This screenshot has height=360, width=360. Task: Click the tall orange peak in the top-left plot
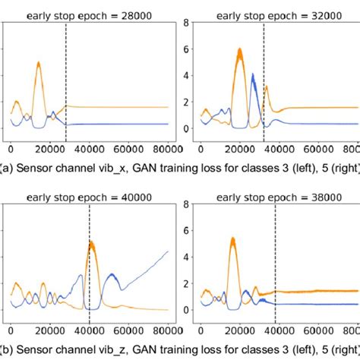click(x=38, y=65)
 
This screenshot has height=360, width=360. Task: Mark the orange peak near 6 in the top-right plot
click(x=239, y=51)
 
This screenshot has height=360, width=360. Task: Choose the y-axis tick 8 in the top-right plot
click(x=184, y=24)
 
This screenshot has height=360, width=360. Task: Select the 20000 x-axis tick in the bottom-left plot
click(x=49, y=331)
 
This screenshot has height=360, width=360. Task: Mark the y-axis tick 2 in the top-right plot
click(x=184, y=103)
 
